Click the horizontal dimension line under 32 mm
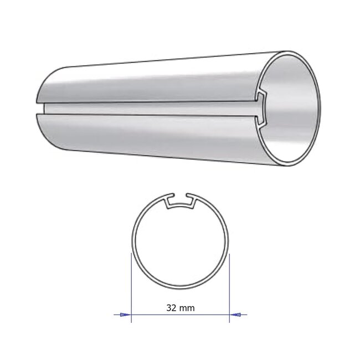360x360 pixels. tap(180, 315)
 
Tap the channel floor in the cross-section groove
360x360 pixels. tap(180, 208)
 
